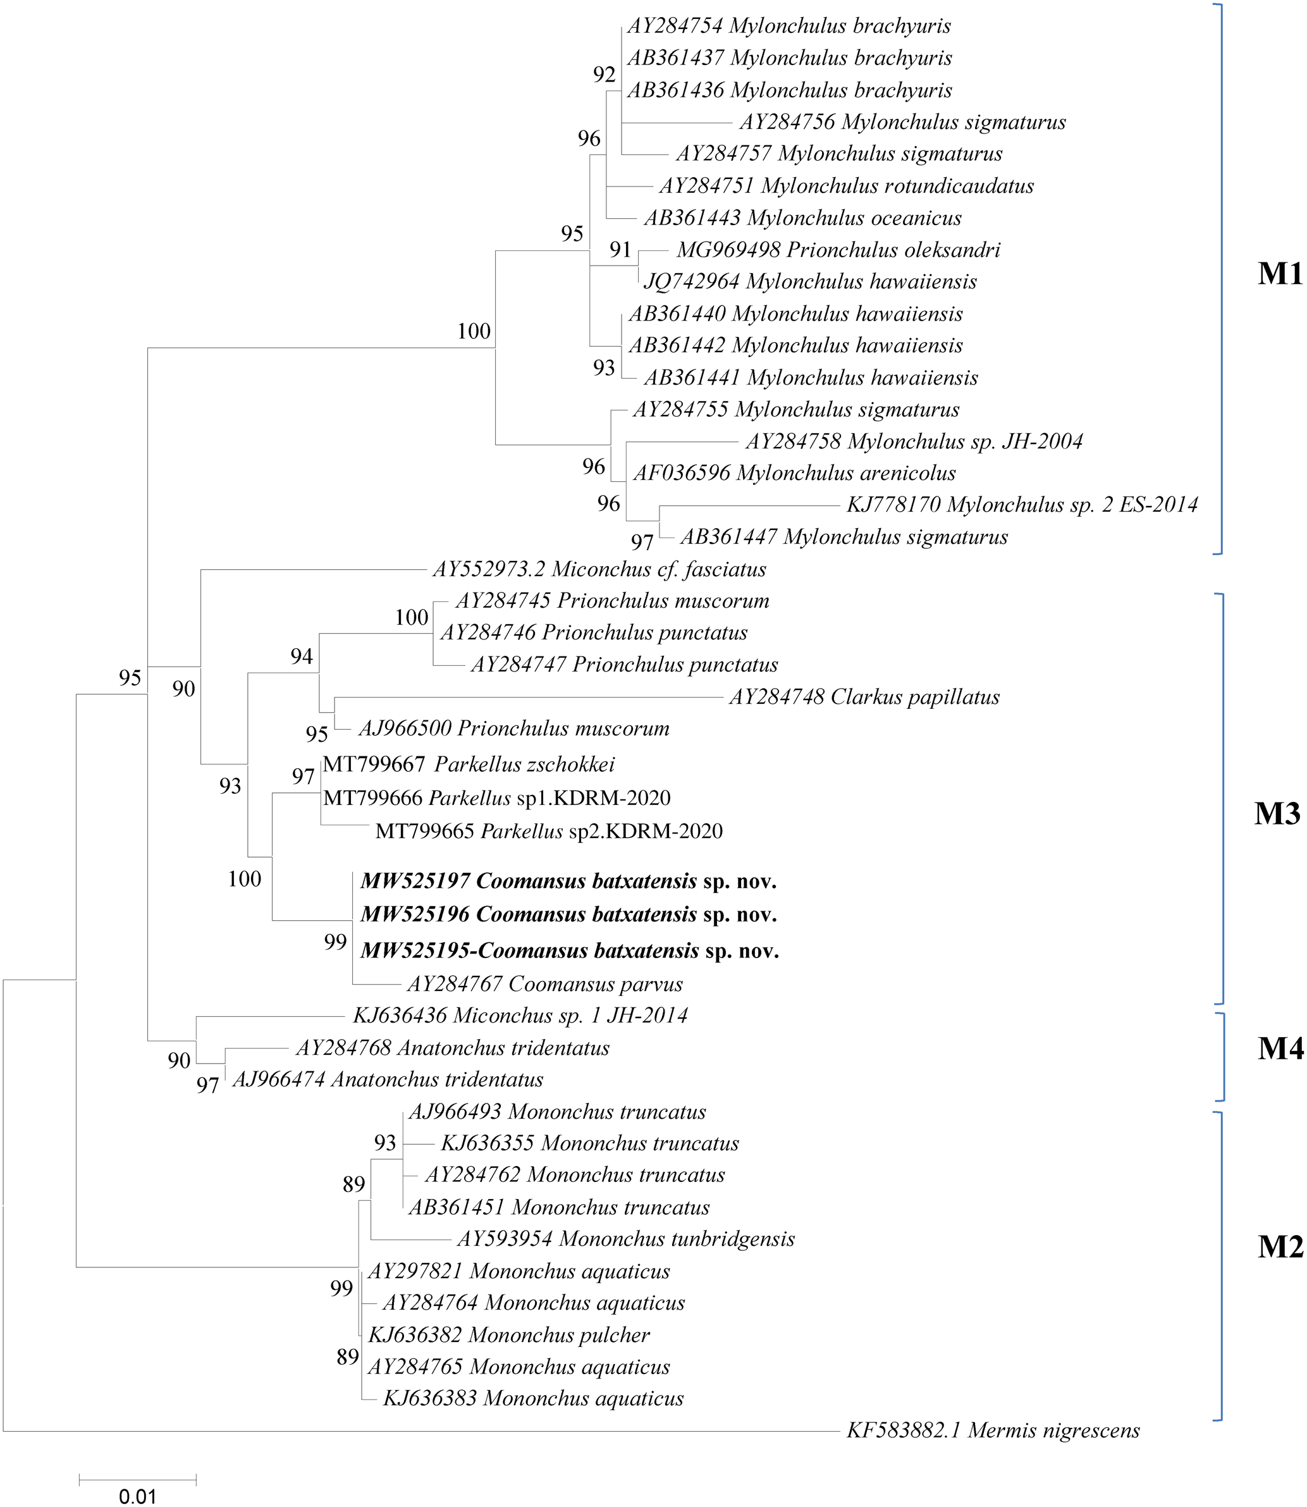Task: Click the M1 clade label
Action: (1279, 274)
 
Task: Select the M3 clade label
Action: (1277, 813)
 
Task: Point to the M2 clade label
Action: (1279, 1247)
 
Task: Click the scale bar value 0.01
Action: (137, 1497)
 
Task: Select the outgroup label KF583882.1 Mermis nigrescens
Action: (993, 1430)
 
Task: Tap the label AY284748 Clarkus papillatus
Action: (864, 697)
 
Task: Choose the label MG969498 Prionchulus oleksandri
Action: (838, 250)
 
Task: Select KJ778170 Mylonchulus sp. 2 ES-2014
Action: (1022, 505)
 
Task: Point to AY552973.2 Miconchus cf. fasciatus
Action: (599, 569)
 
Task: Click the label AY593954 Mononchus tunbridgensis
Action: (626, 1239)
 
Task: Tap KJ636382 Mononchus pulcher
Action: (509, 1335)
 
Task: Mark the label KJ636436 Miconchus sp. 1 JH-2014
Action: (520, 1016)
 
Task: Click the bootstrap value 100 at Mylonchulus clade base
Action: (474, 331)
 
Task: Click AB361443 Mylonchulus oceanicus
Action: (802, 218)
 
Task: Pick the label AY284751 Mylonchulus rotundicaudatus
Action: (847, 186)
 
